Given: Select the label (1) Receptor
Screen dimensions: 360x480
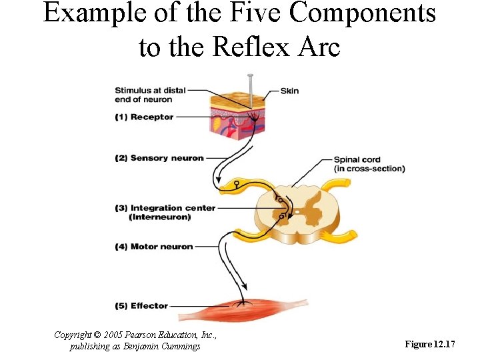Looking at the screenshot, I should click(x=143, y=117).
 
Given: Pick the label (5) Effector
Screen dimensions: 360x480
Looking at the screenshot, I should click(x=141, y=306).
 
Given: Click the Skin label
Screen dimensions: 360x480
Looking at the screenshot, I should click(x=289, y=91).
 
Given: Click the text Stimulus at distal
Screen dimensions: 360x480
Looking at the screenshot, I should click(x=150, y=90).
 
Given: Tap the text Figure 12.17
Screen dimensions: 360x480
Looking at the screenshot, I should click(x=430, y=344).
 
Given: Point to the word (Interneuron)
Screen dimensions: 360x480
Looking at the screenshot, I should click(x=163, y=217).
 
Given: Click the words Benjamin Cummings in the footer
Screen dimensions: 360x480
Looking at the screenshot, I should click(x=169, y=346).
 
